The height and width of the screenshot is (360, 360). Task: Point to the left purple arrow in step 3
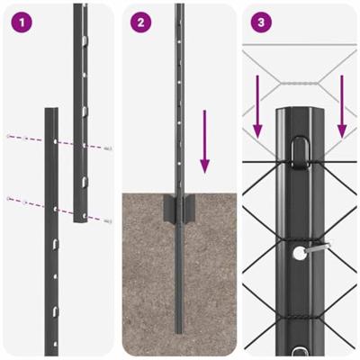258,107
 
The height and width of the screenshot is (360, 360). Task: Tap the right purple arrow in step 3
341,107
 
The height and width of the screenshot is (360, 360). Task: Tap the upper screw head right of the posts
108,148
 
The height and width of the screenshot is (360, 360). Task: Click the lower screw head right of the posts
108,220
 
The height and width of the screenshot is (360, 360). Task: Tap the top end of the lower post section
51,112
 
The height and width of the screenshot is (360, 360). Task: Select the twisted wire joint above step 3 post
298,85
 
